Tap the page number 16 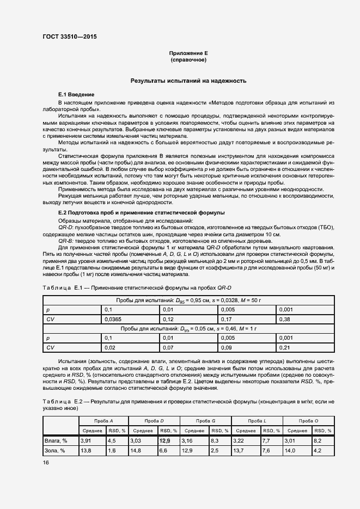(46, 462)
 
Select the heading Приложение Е (188, 53)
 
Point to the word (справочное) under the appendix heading (188, 60)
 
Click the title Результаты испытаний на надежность (188, 81)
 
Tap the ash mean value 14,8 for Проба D (136, 451)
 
